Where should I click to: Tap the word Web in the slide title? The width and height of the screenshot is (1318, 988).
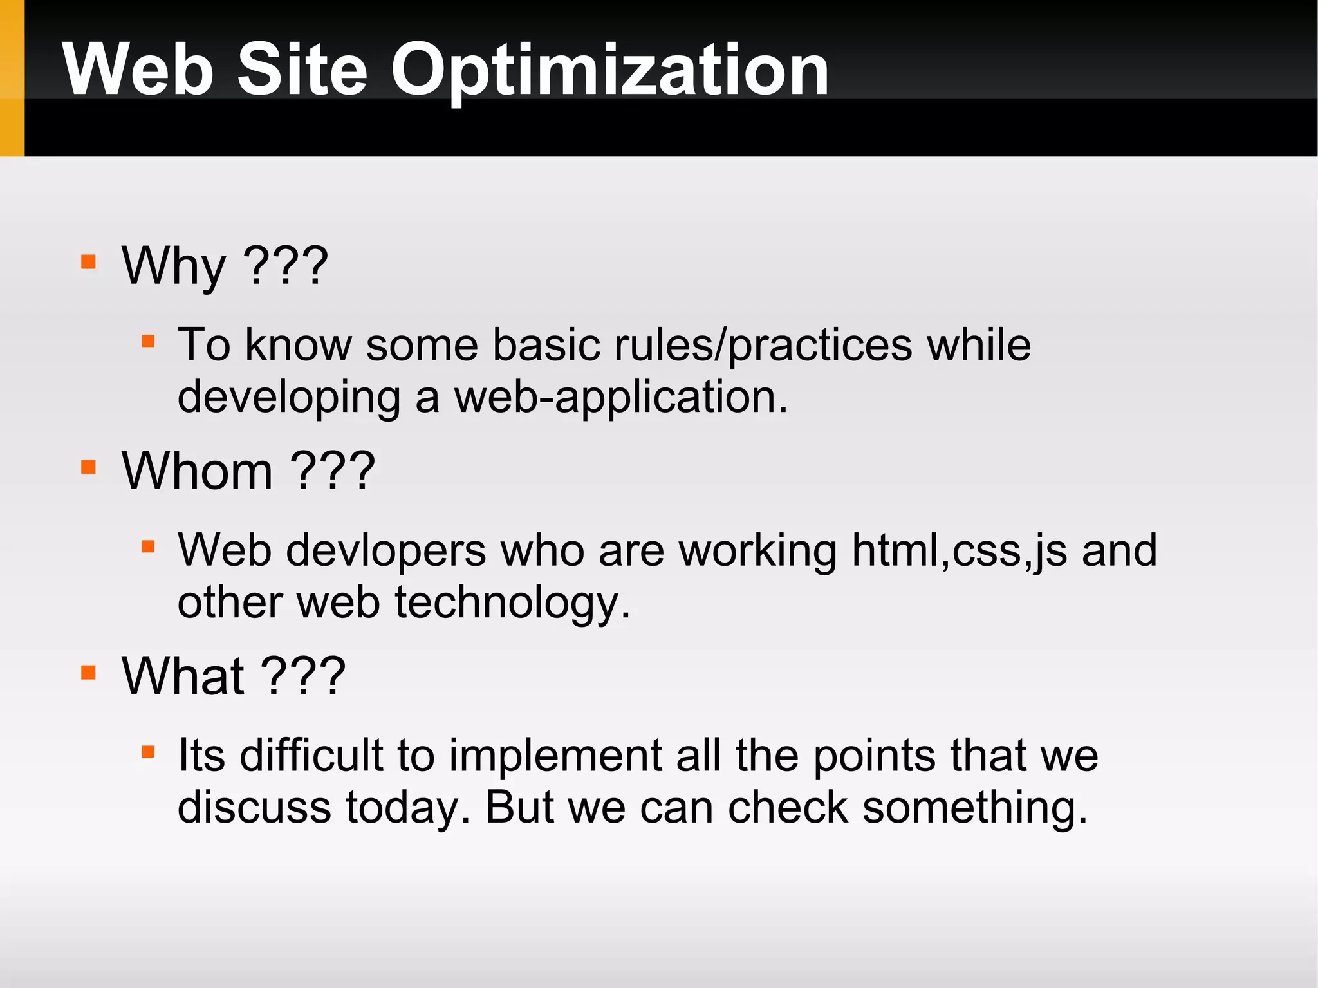tap(138, 70)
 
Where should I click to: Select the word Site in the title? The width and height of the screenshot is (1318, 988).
tap(302, 70)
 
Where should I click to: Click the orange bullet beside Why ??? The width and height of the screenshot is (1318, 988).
tap(89, 262)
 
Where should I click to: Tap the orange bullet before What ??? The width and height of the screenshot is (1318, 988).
tap(89, 673)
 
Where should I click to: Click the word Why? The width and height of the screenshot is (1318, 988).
tap(174, 266)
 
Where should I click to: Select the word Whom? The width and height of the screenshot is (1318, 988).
tap(197, 471)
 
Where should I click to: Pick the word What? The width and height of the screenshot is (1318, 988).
tap(183, 676)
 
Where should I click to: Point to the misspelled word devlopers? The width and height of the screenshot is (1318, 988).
tap(385, 550)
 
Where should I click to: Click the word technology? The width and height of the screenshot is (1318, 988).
tap(512, 604)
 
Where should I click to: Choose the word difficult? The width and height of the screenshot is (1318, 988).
tap(311, 755)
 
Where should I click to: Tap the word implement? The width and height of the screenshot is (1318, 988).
tap(555, 756)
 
